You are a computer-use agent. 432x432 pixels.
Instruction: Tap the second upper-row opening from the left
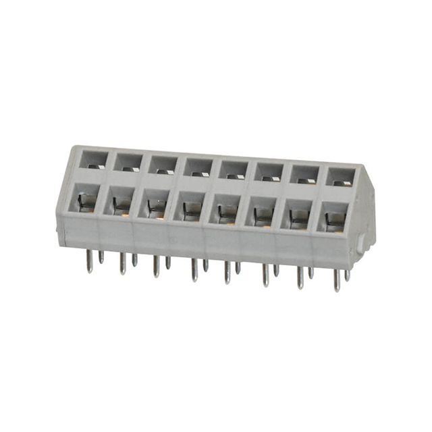[127, 162]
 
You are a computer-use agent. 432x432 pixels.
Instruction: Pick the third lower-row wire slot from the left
[155, 205]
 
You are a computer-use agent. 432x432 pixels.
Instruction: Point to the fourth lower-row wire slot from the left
[191, 208]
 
